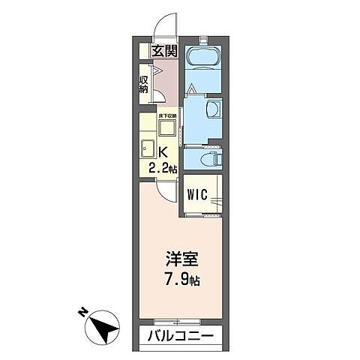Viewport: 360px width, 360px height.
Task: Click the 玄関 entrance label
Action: click(x=164, y=52)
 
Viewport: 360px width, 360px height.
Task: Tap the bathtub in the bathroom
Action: click(x=202, y=57)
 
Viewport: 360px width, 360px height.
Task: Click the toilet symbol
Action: click(x=211, y=160)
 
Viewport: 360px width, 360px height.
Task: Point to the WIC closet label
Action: click(x=197, y=196)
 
